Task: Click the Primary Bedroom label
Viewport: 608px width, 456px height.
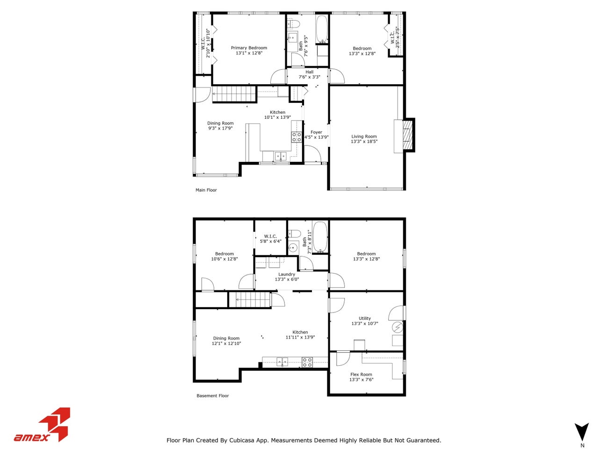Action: pos(249,48)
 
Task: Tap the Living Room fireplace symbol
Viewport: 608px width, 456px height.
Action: pos(407,136)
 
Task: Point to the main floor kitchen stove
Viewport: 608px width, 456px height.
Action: pos(297,137)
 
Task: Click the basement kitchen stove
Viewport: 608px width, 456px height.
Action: pos(307,362)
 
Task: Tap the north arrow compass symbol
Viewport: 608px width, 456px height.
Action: pos(582,431)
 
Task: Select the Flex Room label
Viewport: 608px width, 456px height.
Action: pos(361,375)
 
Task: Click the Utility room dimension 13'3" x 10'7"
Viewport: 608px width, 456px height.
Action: pos(365,324)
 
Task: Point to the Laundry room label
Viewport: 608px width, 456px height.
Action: pos(287,275)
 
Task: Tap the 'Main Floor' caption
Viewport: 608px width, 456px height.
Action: pos(206,190)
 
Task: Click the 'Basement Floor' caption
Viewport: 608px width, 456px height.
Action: pos(213,396)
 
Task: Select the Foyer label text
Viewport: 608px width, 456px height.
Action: pos(316,132)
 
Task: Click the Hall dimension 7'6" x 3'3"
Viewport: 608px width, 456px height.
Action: pos(309,77)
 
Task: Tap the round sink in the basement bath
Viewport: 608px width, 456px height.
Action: pos(293,247)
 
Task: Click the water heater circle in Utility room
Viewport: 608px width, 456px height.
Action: pos(397,326)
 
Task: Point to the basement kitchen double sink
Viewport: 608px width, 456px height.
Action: pos(282,361)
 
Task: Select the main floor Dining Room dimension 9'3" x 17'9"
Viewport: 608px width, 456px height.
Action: pos(220,128)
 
